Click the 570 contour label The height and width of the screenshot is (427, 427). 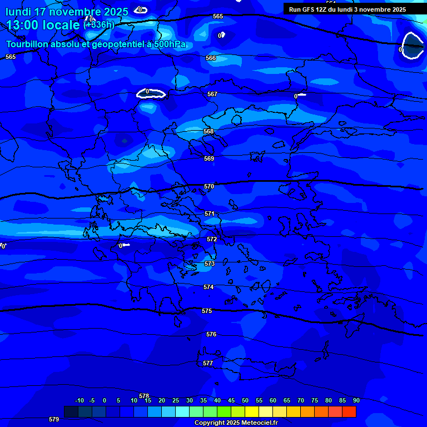(x=209, y=187)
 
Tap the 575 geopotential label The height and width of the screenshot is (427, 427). (x=207, y=311)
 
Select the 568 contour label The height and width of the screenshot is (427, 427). (x=208, y=132)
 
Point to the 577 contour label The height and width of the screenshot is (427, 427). (x=208, y=363)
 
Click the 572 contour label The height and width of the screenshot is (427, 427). (x=212, y=239)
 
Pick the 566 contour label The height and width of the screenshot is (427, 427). (x=211, y=58)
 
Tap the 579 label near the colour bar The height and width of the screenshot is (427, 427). (x=54, y=419)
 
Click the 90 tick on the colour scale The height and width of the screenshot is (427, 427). (x=356, y=400)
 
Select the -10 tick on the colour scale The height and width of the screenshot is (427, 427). (x=79, y=400)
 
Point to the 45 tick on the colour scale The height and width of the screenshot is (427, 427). (x=231, y=400)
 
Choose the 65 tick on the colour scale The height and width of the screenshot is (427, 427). (x=286, y=400)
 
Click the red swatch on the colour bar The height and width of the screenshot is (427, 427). (x=349, y=411)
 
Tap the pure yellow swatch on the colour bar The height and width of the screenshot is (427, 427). (x=252, y=411)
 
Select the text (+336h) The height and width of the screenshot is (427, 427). (x=99, y=24)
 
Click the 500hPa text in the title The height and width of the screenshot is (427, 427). (x=170, y=44)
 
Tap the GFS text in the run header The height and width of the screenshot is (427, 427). (x=307, y=9)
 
